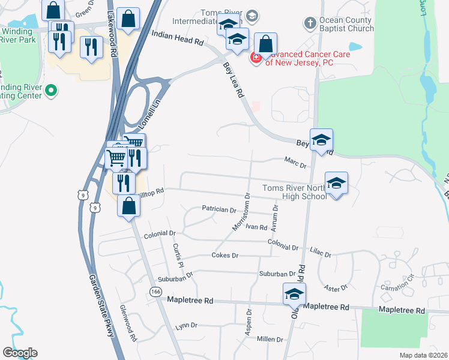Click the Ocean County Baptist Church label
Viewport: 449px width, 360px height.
(346, 24)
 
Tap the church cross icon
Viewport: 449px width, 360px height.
(310, 23)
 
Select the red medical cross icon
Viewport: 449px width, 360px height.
(256, 57)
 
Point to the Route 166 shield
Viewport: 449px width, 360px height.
(157, 291)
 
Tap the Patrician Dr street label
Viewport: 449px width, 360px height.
(219, 209)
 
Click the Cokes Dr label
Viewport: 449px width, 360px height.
(225, 256)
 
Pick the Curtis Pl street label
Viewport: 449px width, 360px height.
(177, 255)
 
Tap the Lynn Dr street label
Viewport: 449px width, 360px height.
(186, 326)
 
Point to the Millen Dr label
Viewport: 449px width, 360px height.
(270, 339)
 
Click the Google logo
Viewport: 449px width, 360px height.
(20, 353)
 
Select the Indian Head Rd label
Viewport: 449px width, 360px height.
(179, 40)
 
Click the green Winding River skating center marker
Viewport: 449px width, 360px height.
(51, 91)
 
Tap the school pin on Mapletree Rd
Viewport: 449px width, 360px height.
(294, 295)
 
